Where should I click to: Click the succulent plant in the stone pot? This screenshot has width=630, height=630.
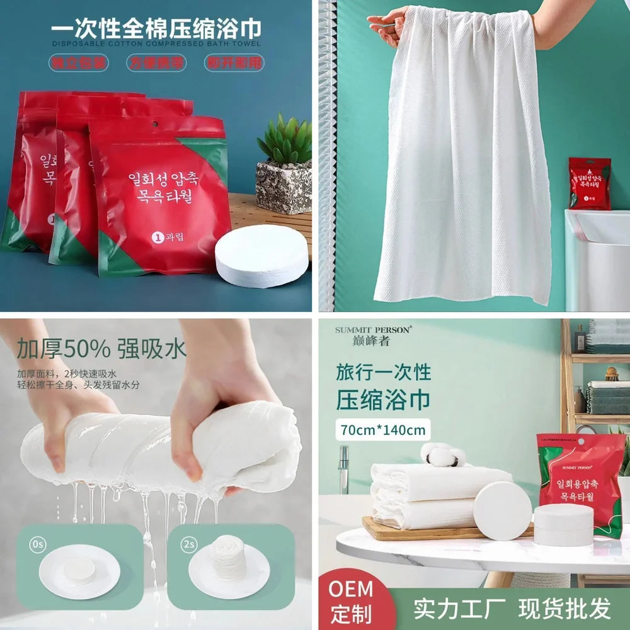point(284,140)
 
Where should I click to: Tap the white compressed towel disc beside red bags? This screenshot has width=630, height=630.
point(261,255)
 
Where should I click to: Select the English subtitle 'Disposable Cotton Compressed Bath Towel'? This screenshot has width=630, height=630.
point(155,43)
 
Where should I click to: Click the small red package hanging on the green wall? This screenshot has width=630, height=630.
point(590,183)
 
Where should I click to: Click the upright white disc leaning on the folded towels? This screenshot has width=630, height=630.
point(502,511)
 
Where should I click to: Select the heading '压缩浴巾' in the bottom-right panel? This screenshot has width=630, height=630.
point(383,400)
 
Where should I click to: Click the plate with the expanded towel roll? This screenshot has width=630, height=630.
point(229,570)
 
